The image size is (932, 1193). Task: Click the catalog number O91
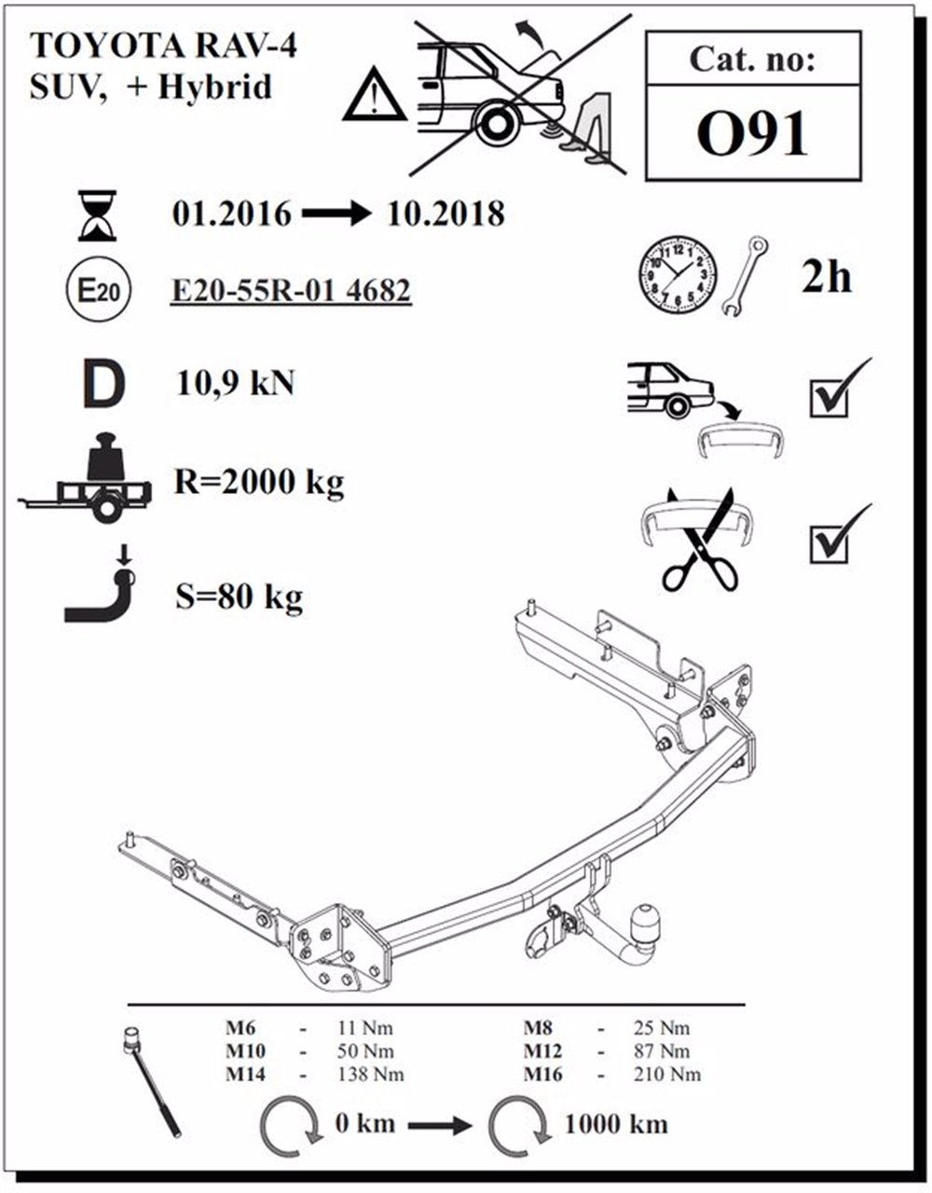752,135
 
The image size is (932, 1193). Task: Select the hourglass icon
98,215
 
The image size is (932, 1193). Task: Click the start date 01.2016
231,214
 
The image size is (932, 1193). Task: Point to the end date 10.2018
444,214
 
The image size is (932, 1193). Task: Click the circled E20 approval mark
97,292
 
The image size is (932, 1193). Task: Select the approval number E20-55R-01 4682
291,292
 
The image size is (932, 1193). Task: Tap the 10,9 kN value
235,382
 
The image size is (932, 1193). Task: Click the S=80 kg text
239,596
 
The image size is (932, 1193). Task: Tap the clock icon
678,276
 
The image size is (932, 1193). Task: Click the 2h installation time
826,277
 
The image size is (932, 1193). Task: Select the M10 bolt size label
245,1051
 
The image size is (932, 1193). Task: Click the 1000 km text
615,1124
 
